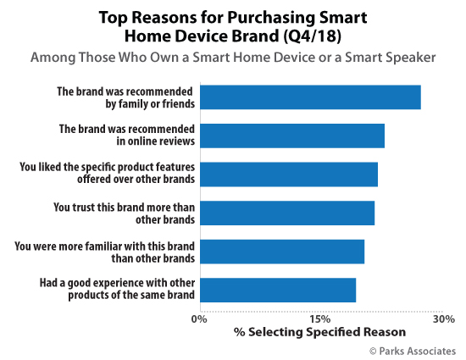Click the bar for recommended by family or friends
(x=310, y=97)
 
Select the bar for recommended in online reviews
(x=292, y=136)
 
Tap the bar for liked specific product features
(x=289, y=174)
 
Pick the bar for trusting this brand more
(x=287, y=213)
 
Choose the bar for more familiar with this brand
(x=282, y=252)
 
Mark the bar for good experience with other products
(x=278, y=290)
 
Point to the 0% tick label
(x=199, y=318)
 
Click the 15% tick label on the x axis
(x=320, y=318)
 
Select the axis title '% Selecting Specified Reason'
(x=320, y=332)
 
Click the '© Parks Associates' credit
(x=412, y=350)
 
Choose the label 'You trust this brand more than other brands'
(x=125, y=213)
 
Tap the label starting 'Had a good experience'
(x=118, y=290)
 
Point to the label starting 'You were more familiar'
(x=106, y=252)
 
